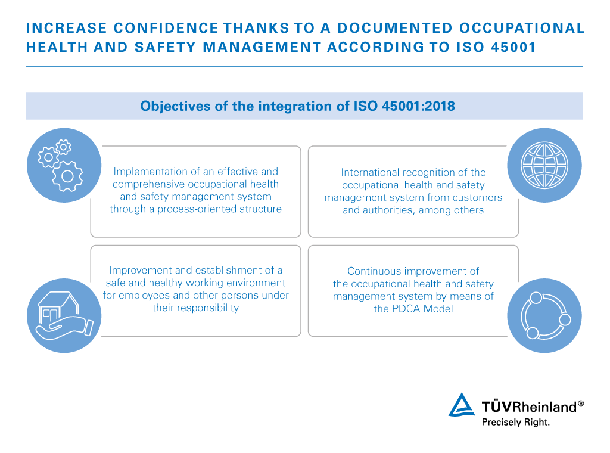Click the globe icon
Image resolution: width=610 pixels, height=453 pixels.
pos(544,165)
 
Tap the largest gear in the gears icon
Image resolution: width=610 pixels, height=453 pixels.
pos(68,176)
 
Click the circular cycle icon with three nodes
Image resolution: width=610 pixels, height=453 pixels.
pos(545,315)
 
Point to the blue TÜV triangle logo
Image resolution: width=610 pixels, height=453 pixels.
pos(462,405)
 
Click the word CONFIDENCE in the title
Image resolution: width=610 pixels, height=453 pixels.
pos(166,28)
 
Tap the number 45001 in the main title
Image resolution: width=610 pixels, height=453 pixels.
pos(513,47)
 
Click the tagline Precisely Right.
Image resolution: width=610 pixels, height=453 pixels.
pos(516,422)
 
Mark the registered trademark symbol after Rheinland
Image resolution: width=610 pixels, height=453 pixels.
pos(581,404)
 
